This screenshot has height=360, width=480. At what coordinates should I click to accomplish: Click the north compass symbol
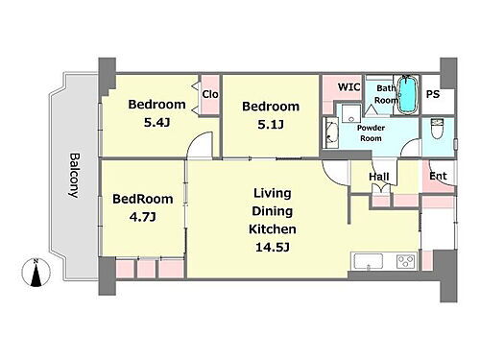tap(36, 273)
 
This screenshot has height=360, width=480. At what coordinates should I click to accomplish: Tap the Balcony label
tap(75, 176)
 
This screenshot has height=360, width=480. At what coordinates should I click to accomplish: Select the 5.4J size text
tap(156, 122)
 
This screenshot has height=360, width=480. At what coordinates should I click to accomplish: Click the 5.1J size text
tap(271, 124)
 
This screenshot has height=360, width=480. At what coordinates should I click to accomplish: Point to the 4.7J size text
tap(143, 217)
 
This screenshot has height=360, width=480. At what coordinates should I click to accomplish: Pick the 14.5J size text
tap(273, 247)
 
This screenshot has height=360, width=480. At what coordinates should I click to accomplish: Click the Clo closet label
tap(210, 94)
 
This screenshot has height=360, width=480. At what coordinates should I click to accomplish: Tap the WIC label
tap(349, 86)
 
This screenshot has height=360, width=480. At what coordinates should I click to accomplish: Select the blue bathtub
tap(408, 94)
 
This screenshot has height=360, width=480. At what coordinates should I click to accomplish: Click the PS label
tap(433, 94)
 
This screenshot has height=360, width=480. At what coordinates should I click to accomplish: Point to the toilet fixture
tap(436, 129)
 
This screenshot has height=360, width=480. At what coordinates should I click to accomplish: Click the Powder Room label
tap(371, 132)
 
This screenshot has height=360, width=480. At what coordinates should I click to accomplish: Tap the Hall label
tap(379, 177)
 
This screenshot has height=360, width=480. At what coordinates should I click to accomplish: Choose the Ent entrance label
tap(438, 176)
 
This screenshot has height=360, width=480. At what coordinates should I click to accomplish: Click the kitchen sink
tap(369, 262)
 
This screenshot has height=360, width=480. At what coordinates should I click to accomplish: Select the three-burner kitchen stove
tap(406, 261)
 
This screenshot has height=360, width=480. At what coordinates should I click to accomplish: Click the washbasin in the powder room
tap(331, 132)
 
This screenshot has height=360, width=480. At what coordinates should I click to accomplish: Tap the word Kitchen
tap(273, 229)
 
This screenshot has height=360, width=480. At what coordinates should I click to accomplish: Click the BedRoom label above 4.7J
tap(143, 199)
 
